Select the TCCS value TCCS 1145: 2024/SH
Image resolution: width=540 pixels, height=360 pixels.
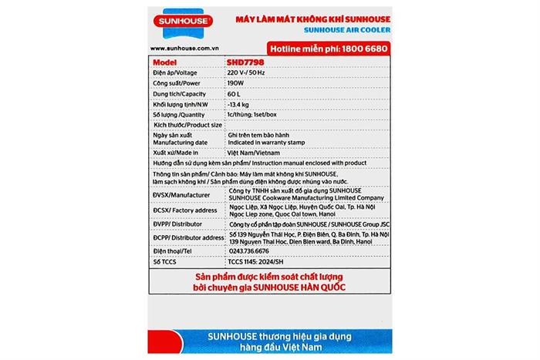point(261,263)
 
